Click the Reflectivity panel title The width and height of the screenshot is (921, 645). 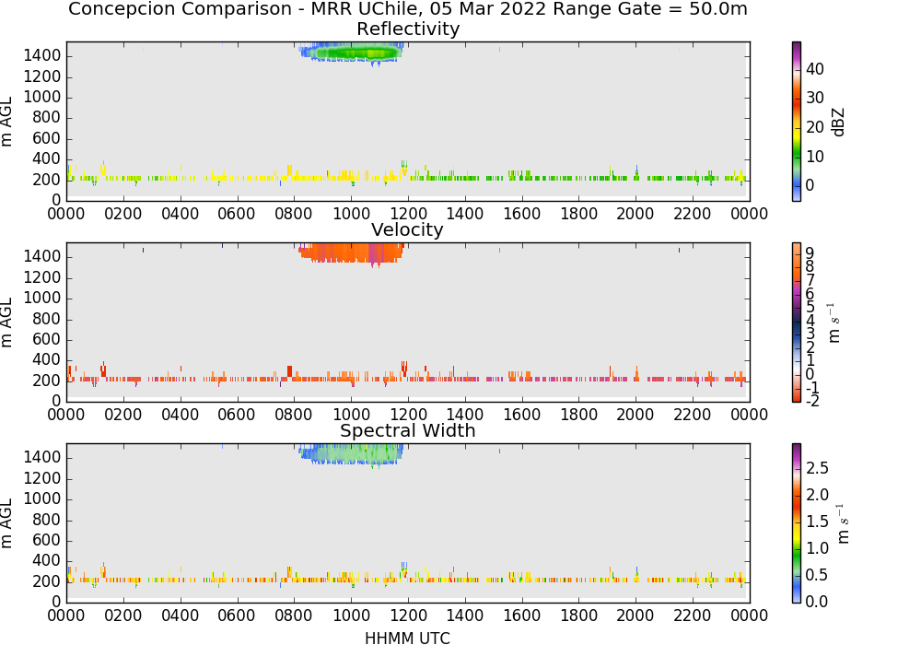click(x=408, y=29)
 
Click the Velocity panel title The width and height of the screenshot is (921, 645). click(x=407, y=229)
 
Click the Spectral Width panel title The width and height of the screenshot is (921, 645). click(x=408, y=430)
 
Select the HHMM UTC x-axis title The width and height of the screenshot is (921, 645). click(x=407, y=638)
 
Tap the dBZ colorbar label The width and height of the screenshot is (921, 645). click(x=838, y=122)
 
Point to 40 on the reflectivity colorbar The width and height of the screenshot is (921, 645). click(x=815, y=69)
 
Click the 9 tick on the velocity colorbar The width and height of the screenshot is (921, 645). click(x=810, y=252)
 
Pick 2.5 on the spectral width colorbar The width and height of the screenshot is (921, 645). click(x=817, y=467)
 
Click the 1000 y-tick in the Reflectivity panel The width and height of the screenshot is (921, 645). click(x=41, y=97)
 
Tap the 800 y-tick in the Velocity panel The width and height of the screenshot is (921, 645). click(x=46, y=319)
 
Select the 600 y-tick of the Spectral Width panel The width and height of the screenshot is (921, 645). click(x=46, y=541)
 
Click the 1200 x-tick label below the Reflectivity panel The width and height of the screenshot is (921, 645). click(x=408, y=214)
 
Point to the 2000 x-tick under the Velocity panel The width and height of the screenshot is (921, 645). click(x=635, y=415)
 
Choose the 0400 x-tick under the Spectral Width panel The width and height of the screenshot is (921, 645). click(x=180, y=616)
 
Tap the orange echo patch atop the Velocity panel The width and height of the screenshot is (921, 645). click(x=351, y=253)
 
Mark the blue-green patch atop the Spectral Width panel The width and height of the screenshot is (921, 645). click(x=351, y=454)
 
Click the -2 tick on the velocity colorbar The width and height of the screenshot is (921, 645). click(x=812, y=401)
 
